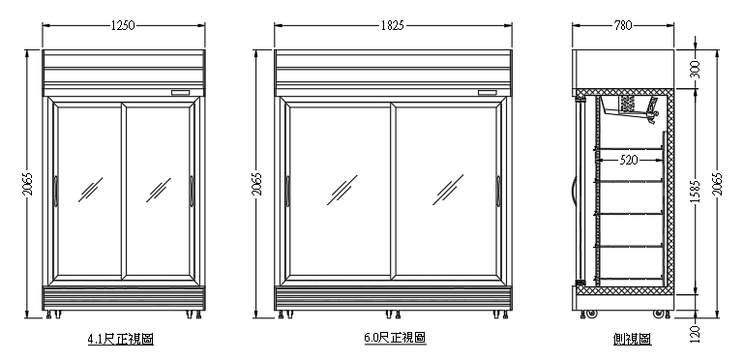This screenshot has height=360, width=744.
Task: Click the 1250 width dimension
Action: pos(122,26)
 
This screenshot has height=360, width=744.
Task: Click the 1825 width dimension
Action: pos(392,26)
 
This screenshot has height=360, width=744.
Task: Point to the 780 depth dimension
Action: pos(625,26)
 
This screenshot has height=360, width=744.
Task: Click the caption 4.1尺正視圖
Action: pos(121,339)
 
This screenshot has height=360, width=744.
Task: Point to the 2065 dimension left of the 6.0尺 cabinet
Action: pos(257,184)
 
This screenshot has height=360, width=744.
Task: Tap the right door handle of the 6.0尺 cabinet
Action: pos(498,190)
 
